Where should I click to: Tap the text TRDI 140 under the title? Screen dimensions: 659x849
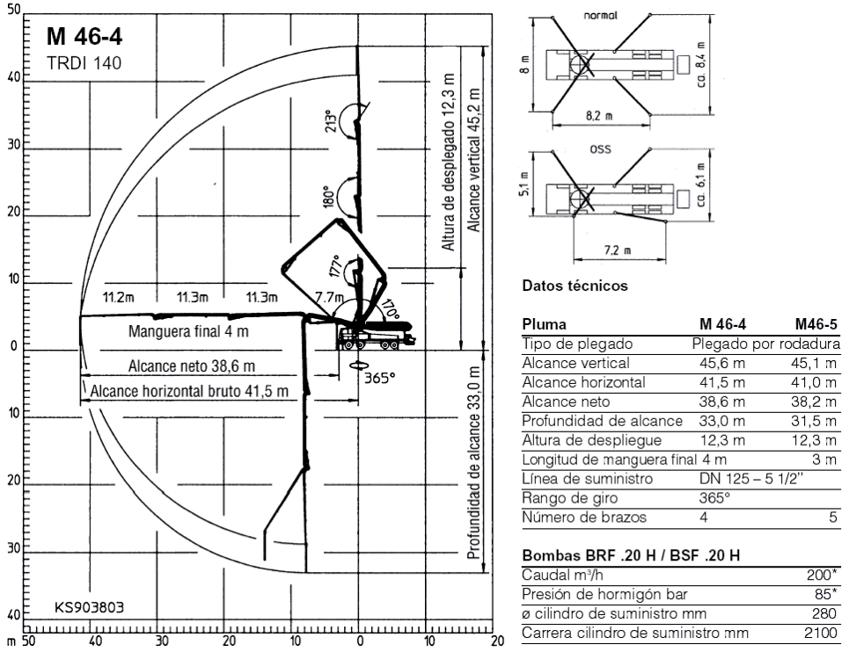[83, 62]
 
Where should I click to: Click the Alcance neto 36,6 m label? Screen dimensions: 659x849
[191, 366]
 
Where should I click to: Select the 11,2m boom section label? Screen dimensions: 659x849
[116, 296]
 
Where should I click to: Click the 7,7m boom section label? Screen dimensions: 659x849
[328, 297]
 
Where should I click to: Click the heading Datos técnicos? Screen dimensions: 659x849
[575, 286]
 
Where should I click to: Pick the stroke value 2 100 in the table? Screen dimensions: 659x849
[817, 633]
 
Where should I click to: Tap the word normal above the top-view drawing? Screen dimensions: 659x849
[601, 16]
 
